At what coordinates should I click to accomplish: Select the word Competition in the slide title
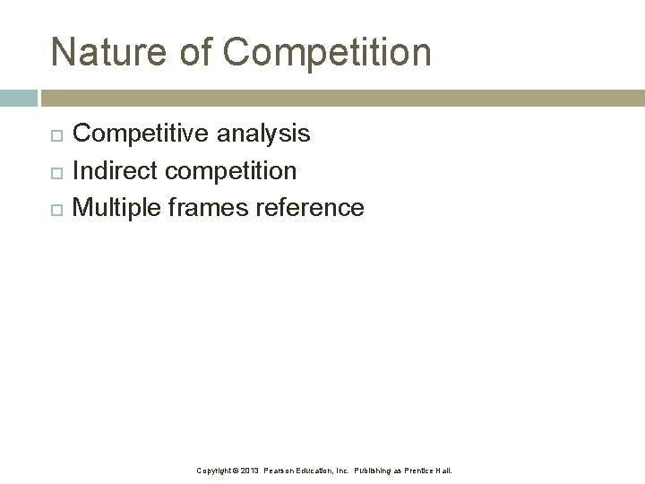(328, 52)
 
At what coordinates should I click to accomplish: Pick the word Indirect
(109, 170)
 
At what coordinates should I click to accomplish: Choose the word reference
(310, 208)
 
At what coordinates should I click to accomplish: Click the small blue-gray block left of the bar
(18, 98)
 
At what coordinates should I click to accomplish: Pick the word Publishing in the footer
(377, 471)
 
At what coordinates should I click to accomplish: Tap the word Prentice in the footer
(422, 471)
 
